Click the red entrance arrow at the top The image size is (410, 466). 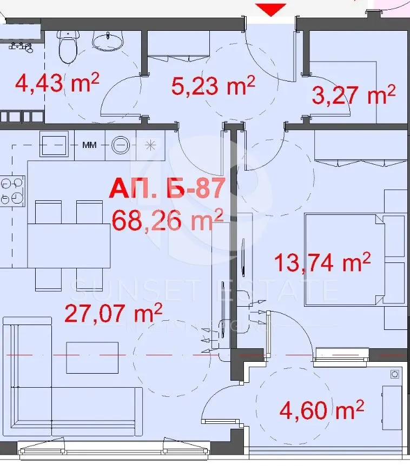pos(270,9)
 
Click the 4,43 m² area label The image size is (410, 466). pos(57,84)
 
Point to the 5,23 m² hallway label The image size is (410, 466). pos(213,85)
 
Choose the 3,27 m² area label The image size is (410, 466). pos(354,95)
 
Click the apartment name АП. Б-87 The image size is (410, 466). pos(167,189)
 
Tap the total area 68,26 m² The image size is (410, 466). pos(167,220)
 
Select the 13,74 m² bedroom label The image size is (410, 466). pos(322,263)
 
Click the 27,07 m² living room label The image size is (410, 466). pos(114,313)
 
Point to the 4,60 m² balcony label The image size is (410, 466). pos(321,410)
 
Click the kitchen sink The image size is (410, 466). pos(54,144)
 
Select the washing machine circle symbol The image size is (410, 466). pos(121,145)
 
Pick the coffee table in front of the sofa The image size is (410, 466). pos(92,357)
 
